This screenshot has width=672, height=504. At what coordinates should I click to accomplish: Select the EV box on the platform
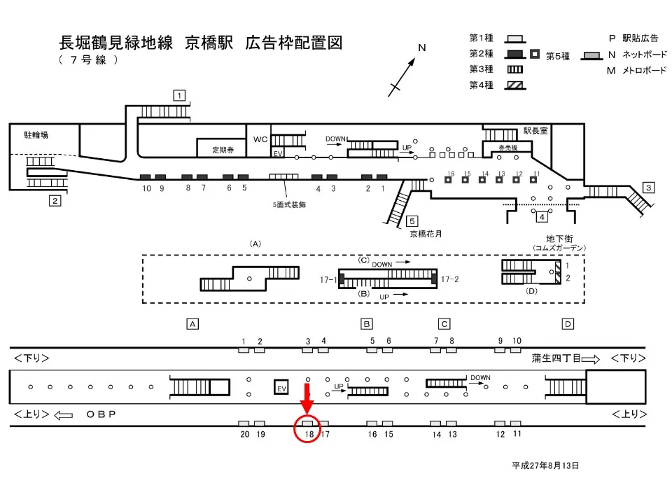(x=281, y=388)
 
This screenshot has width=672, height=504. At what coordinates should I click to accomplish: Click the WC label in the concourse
(x=260, y=139)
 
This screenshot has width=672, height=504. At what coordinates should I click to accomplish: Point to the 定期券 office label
(x=225, y=150)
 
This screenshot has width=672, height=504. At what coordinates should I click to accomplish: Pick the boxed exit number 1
(x=180, y=95)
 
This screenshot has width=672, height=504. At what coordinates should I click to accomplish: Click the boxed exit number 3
(x=649, y=187)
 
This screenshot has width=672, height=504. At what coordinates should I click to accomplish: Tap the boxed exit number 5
(x=412, y=220)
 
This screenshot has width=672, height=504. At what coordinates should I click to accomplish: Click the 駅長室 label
(x=537, y=129)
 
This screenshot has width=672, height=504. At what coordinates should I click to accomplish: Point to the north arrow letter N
(x=422, y=48)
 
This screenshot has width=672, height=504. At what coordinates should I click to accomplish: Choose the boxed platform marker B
(x=366, y=323)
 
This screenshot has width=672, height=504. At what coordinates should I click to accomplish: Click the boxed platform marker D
(x=568, y=323)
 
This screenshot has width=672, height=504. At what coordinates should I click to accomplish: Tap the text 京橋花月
(x=426, y=234)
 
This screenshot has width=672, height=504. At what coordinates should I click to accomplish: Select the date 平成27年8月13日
(x=545, y=465)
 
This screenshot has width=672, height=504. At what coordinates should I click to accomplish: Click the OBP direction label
(x=101, y=414)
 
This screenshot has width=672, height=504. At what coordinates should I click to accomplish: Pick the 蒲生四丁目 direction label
(x=556, y=358)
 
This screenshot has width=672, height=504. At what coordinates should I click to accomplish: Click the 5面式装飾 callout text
(x=289, y=205)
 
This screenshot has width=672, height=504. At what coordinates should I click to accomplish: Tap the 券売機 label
(x=507, y=147)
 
